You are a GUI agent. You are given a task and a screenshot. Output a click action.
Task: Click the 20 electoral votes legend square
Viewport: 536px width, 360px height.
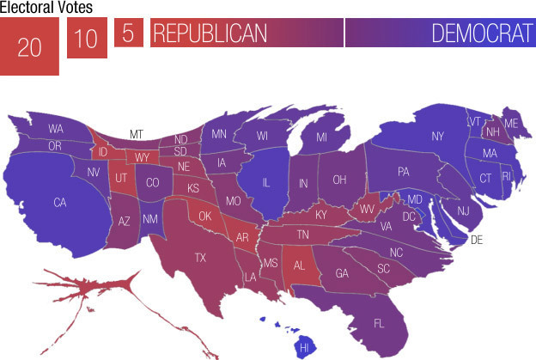[x=29, y=46]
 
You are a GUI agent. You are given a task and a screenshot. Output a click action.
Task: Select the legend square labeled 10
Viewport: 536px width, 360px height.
[x=87, y=39]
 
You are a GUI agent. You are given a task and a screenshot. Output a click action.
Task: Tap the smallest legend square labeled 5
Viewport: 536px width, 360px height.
[x=128, y=34]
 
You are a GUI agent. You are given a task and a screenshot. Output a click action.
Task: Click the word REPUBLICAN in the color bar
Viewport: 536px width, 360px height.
[x=209, y=34]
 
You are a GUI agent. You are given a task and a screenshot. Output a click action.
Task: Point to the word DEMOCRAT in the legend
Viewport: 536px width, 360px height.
[x=481, y=34]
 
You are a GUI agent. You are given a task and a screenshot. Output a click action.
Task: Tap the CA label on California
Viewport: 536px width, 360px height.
[x=59, y=203]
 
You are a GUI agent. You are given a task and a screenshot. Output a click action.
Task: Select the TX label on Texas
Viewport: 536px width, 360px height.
[x=200, y=257]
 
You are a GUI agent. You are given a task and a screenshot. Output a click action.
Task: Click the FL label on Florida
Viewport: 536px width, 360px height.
[x=379, y=323]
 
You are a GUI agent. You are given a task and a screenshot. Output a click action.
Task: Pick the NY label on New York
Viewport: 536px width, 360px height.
[x=437, y=136]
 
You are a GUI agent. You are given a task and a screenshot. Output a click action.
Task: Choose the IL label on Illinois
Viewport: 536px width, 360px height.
[x=266, y=182]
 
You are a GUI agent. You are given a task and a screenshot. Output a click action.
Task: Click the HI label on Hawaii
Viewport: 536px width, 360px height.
[x=303, y=347]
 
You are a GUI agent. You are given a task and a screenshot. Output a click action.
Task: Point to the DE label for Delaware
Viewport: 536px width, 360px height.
[x=477, y=240]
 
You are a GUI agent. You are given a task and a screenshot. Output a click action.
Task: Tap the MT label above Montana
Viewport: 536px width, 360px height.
[x=136, y=134]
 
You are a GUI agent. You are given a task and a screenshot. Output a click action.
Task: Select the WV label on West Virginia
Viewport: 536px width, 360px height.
[x=367, y=208]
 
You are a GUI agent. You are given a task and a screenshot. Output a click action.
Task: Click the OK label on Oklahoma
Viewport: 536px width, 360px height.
[x=204, y=217]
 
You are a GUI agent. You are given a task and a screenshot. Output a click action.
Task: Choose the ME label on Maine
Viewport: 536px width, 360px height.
[x=511, y=123]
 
